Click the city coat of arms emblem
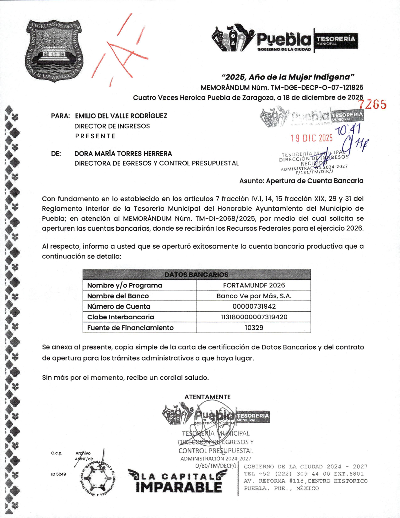click(53, 50)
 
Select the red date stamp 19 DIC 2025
click(311, 138)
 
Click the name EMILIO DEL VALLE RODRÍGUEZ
click(121, 116)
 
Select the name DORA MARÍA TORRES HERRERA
click(123, 154)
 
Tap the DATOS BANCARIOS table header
click(197, 274)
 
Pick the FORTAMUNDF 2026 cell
click(254, 285)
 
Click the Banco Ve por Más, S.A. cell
click(254, 296)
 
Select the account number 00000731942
click(254, 306)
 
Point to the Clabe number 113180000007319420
click(254, 317)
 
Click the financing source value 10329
click(254, 328)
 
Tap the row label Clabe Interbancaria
click(121, 317)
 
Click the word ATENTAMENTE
click(207, 397)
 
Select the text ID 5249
click(58, 474)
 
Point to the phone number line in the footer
click(303, 474)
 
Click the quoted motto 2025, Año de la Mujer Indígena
click(288, 77)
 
